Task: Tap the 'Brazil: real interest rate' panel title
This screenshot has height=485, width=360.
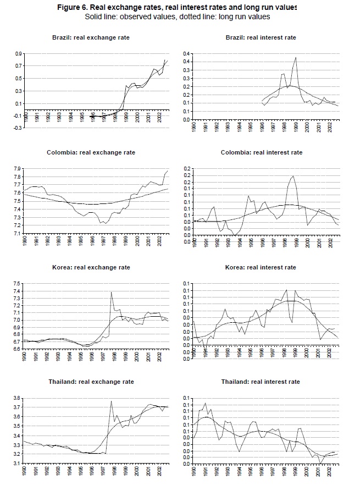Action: coord(261,37)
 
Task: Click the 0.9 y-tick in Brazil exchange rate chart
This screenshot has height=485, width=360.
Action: coord(18,54)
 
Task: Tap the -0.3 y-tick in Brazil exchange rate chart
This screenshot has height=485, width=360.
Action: coord(18,128)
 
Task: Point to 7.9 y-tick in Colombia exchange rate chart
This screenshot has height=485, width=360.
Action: coord(18,169)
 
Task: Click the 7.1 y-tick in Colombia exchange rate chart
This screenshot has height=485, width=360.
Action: coord(18,234)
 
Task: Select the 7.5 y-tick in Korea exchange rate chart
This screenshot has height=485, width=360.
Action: coord(18,284)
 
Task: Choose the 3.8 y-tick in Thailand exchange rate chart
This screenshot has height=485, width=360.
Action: coord(18,398)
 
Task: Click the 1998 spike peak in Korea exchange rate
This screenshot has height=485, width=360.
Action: coord(112,292)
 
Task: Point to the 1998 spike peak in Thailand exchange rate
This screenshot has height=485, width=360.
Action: coord(112,401)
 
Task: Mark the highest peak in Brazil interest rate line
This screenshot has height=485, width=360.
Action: coord(296,57)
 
